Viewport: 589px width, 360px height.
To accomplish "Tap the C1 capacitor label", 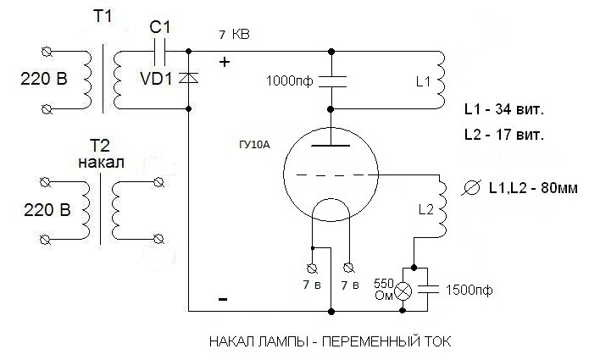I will [x=159, y=27].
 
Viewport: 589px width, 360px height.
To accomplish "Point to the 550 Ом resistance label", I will [x=382, y=288].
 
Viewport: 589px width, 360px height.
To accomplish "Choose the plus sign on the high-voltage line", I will [x=225, y=62].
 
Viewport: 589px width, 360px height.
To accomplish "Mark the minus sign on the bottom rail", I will [x=223, y=300].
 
